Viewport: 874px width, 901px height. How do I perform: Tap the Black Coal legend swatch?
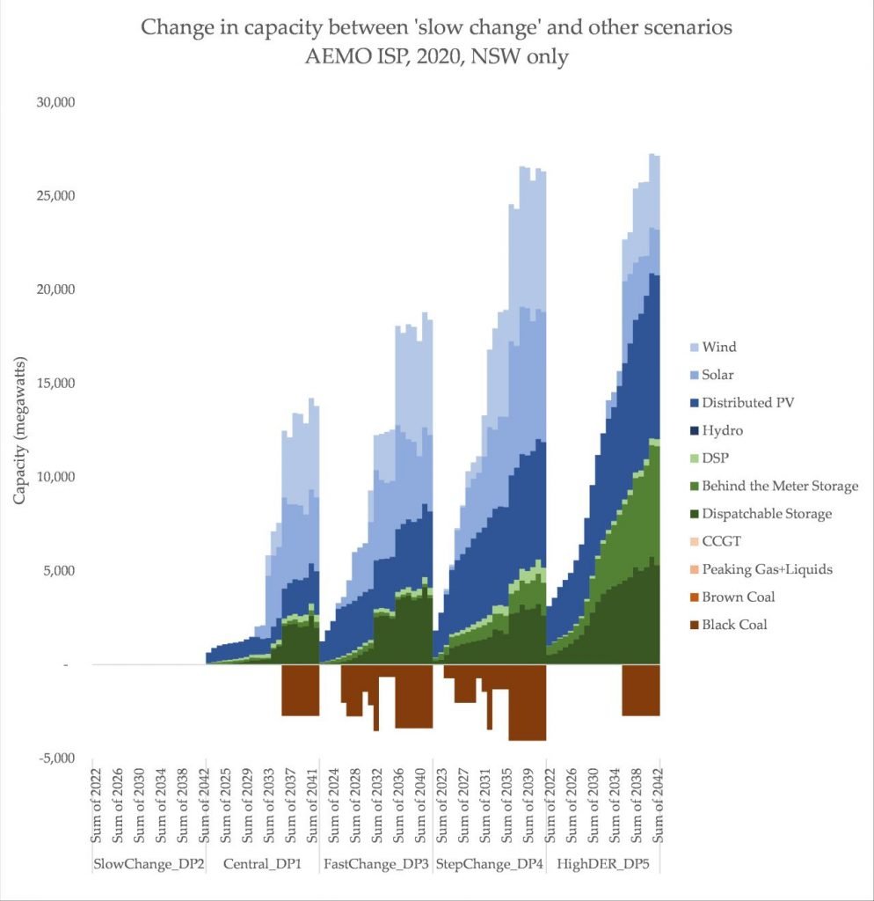point(685,625)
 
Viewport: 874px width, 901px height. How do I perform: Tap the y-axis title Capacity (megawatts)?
point(19,430)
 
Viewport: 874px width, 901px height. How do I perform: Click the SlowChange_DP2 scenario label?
point(149,864)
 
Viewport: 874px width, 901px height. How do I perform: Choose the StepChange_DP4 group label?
point(489,864)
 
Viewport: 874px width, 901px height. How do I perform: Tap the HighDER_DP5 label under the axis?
point(604,864)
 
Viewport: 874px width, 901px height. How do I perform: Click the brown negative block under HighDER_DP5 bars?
point(641,691)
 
